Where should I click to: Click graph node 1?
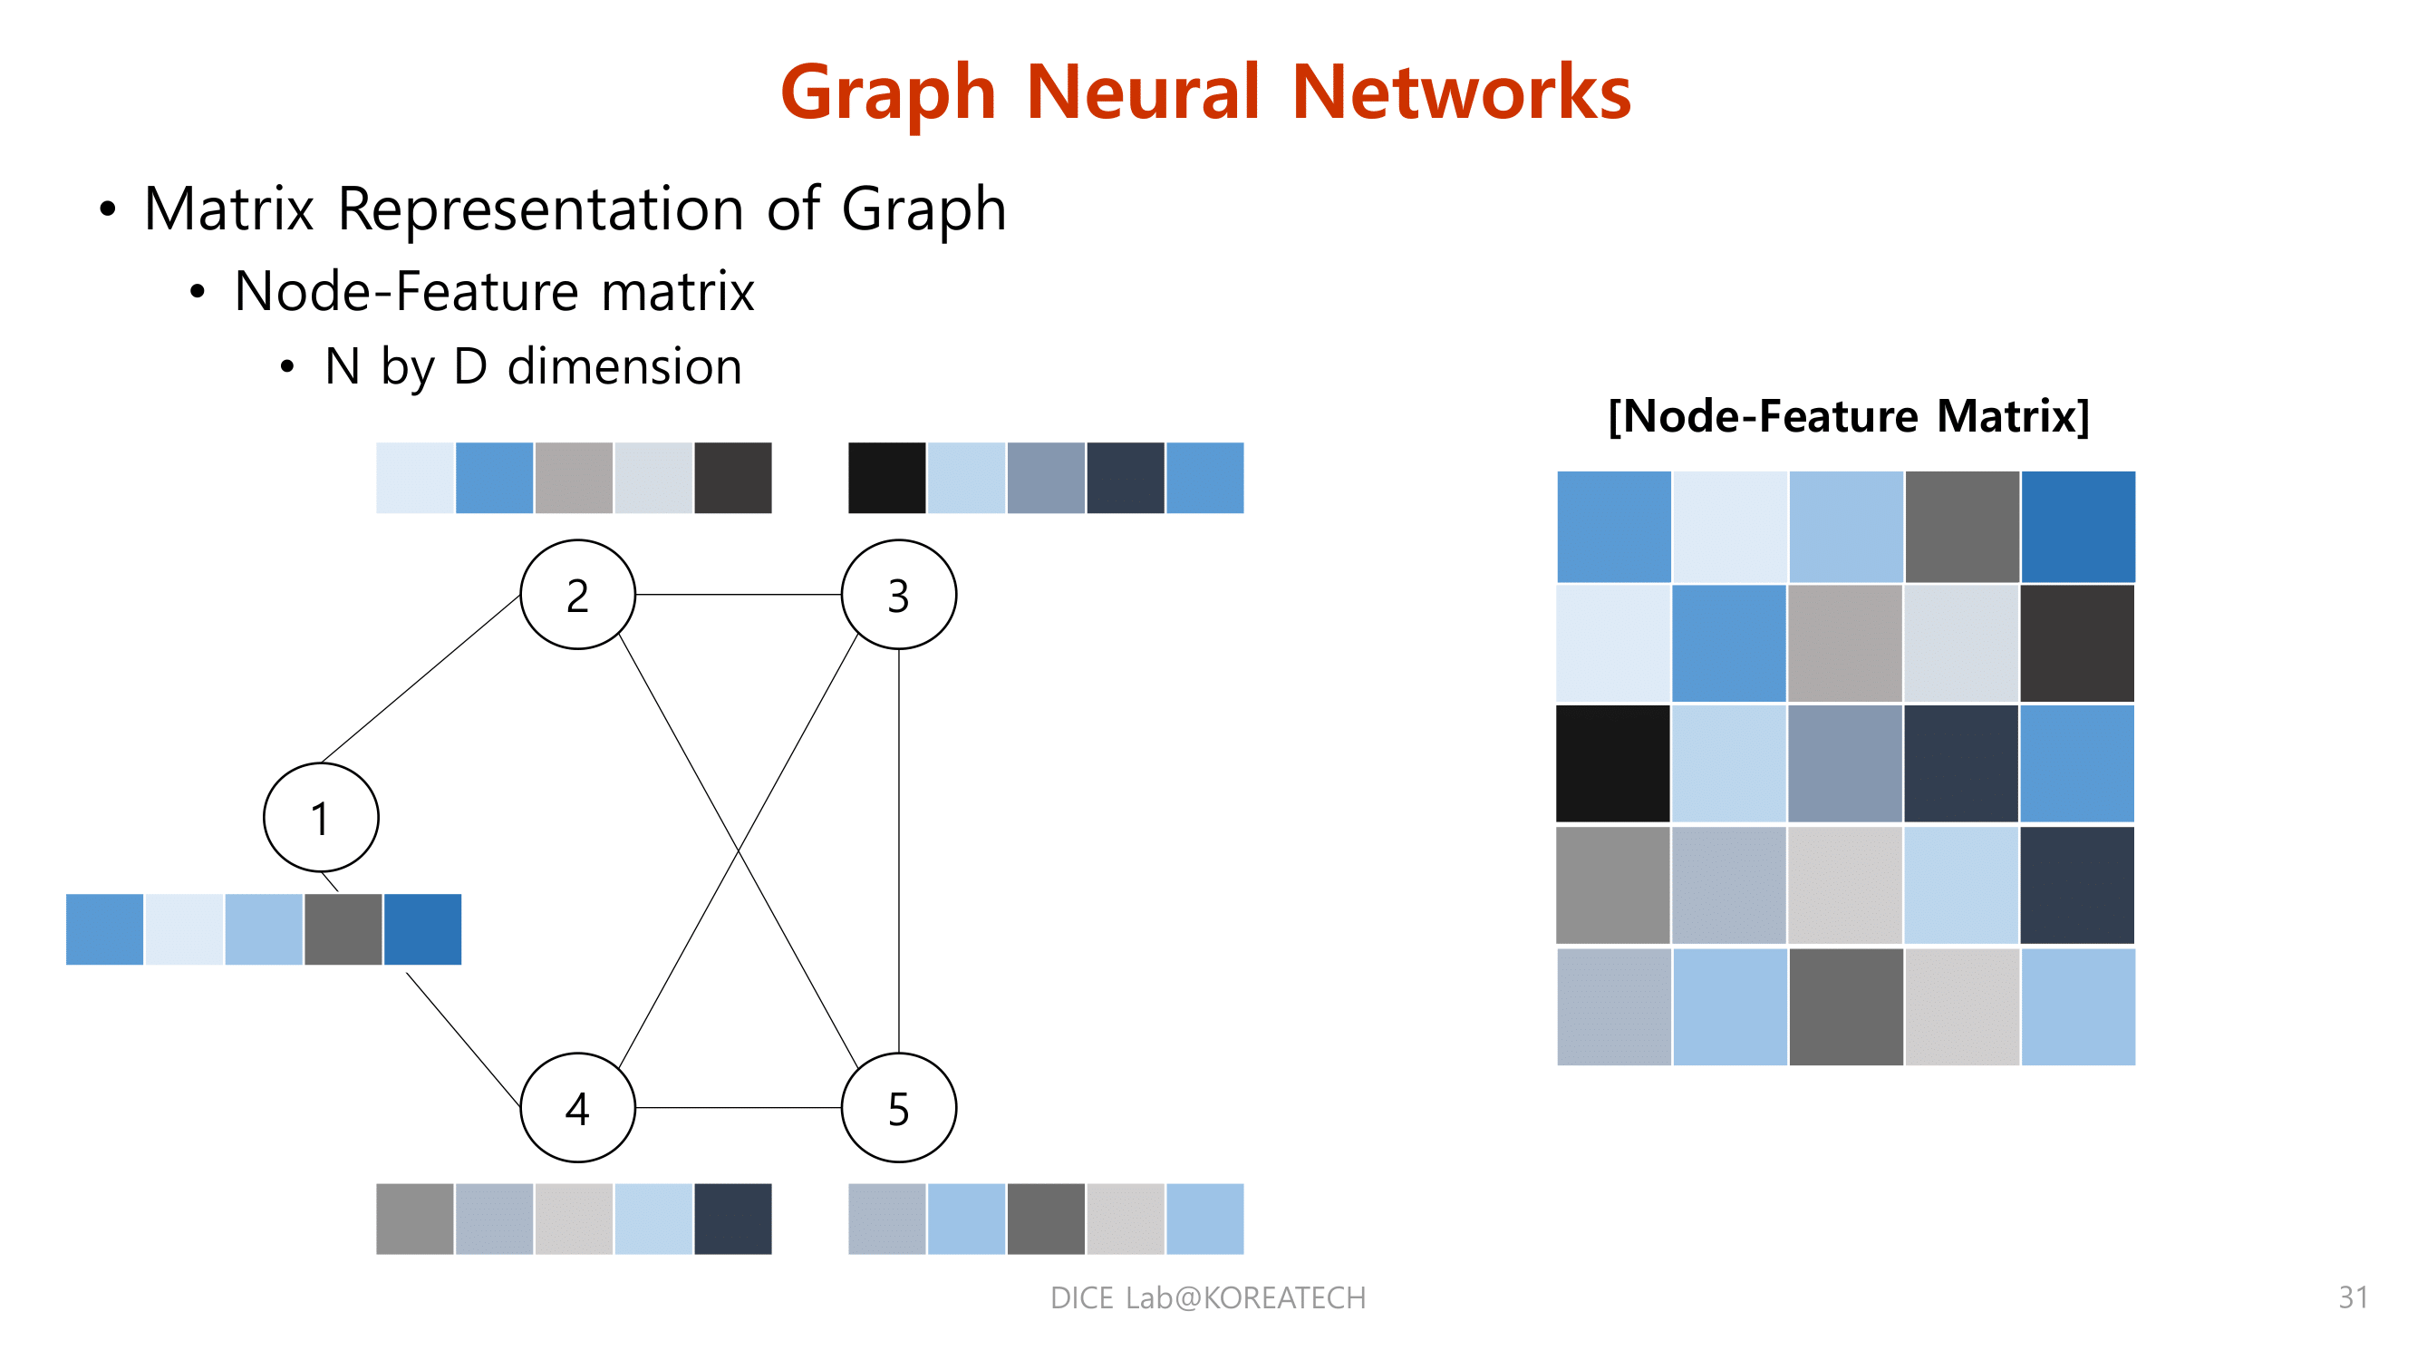(321, 818)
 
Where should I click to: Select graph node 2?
(578, 594)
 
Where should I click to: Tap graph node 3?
(899, 594)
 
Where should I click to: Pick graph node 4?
(578, 1108)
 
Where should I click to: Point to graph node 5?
(899, 1108)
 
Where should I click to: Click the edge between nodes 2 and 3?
(739, 594)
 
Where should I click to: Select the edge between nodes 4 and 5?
(739, 1108)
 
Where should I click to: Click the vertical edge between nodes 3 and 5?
(899, 850)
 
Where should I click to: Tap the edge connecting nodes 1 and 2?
(421, 677)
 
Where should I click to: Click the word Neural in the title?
(1143, 92)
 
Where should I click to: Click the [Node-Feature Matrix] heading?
(1849, 416)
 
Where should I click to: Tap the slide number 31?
(2354, 1297)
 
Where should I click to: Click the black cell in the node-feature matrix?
(1613, 763)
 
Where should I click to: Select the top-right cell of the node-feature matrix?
(2078, 527)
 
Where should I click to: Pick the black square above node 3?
(886, 478)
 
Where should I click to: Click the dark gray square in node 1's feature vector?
(343, 929)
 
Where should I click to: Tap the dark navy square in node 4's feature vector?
(733, 1219)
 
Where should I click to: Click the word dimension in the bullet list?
(625, 366)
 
